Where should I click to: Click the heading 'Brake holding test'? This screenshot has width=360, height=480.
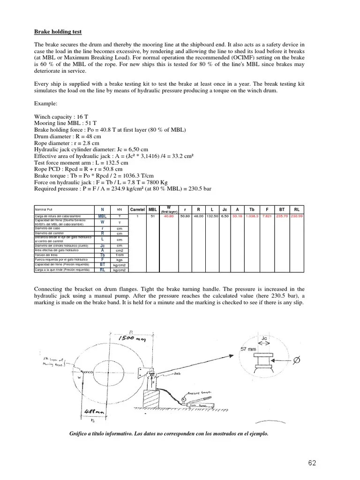click(x=58, y=32)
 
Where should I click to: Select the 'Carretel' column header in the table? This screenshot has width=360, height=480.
click(x=137, y=209)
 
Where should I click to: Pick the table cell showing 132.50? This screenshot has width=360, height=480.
click(x=212, y=216)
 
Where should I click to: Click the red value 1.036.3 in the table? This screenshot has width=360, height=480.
click(x=252, y=216)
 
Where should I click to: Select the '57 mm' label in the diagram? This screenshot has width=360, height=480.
click(x=248, y=349)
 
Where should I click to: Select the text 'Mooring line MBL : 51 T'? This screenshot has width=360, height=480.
click(x=65, y=123)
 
